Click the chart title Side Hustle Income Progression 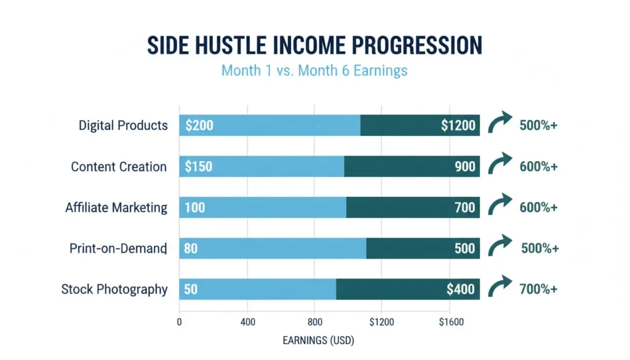(x=314, y=46)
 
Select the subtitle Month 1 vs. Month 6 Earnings (x=314, y=70)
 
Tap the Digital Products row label (x=123, y=126)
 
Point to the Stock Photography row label (x=114, y=289)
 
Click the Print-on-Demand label (x=118, y=249)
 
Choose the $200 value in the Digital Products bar (x=199, y=126)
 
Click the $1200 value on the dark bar (x=458, y=126)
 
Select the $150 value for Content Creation (x=198, y=167)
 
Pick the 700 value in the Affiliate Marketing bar (x=465, y=207)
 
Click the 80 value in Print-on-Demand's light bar (x=191, y=249)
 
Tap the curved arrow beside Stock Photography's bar (x=500, y=287)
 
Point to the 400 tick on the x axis (x=247, y=321)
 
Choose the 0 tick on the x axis (x=179, y=321)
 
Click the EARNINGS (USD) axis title (x=318, y=340)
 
